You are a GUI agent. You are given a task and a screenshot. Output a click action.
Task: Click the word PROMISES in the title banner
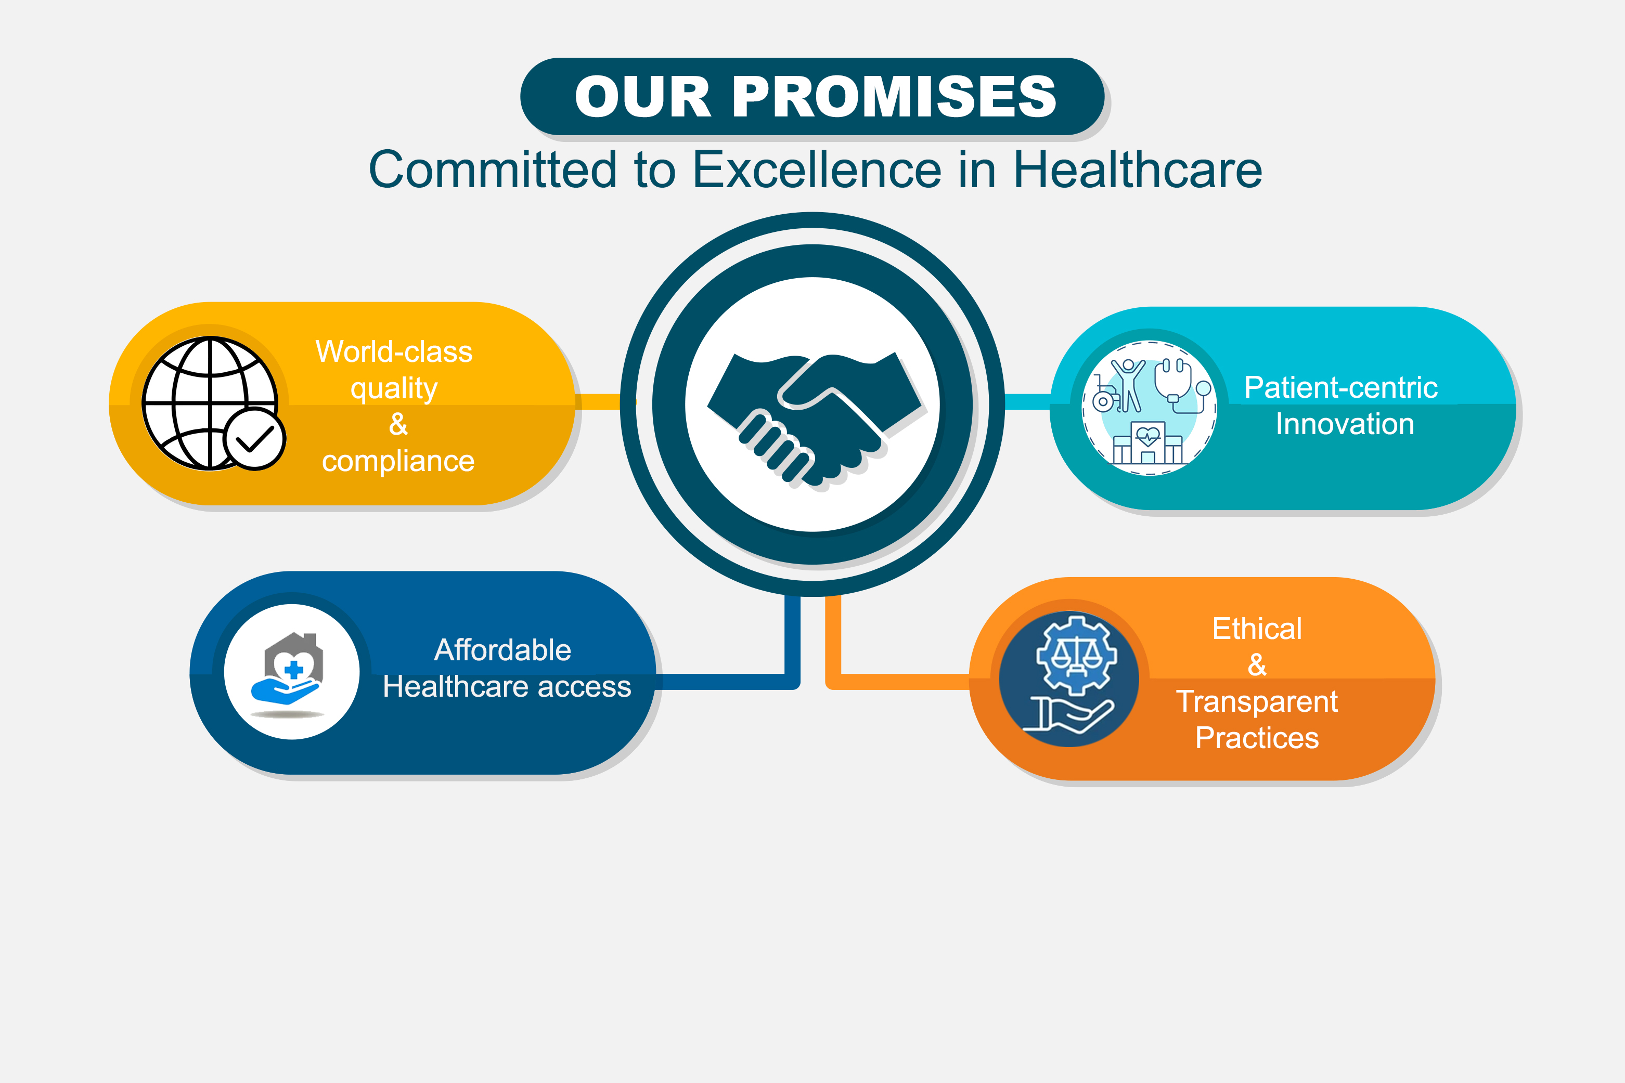click(894, 97)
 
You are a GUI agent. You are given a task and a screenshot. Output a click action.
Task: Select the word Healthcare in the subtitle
click(1137, 170)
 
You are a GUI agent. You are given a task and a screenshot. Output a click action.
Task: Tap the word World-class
click(394, 351)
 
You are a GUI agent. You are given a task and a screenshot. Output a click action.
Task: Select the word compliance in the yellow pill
click(398, 461)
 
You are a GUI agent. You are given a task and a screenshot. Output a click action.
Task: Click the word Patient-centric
click(1340, 387)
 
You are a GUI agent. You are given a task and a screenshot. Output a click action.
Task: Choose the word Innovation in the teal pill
click(1345, 424)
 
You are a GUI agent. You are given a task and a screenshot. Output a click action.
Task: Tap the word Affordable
click(502, 650)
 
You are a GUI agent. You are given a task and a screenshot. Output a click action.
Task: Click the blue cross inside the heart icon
click(293, 669)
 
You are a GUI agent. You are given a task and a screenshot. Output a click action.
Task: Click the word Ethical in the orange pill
click(1257, 629)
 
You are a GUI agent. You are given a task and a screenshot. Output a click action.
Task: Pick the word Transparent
click(1257, 702)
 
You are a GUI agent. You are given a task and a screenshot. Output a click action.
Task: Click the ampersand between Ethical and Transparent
click(1257, 665)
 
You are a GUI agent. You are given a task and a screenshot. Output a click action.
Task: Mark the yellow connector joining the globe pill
click(598, 402)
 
